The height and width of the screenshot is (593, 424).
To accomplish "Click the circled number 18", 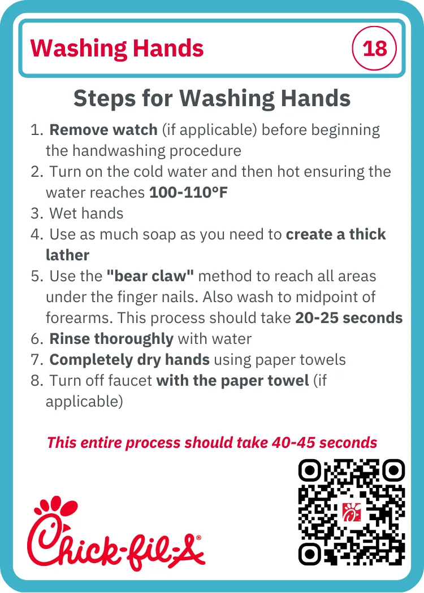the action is pos(374,48).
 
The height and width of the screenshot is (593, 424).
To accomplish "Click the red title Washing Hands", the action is pos(117,49).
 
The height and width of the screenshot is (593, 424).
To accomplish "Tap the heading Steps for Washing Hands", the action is pos(212,98).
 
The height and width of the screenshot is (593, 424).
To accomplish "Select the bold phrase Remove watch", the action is pos(103,130).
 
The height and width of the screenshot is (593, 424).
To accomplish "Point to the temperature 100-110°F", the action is pos(188,193).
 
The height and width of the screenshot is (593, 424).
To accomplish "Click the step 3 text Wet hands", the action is pos(86,213).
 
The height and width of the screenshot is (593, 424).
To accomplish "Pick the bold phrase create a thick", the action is pos(336,234).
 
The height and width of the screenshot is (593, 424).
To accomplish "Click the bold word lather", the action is pos(67,255).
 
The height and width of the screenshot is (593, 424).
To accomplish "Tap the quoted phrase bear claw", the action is pos(150,276).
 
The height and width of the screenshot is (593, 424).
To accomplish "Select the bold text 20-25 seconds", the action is pos(349,318).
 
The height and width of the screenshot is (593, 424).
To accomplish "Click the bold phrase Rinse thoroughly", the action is pos(111,339).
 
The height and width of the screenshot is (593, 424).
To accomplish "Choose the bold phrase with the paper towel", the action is pos(232,381).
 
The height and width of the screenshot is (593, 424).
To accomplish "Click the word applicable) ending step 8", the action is pos(84,402).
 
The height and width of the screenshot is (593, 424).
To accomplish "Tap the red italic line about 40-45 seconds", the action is pos(212,442).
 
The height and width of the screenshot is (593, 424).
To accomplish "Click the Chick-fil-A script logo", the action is pos(115,533).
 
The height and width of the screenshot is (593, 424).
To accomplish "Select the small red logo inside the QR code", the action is pos(351,512).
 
